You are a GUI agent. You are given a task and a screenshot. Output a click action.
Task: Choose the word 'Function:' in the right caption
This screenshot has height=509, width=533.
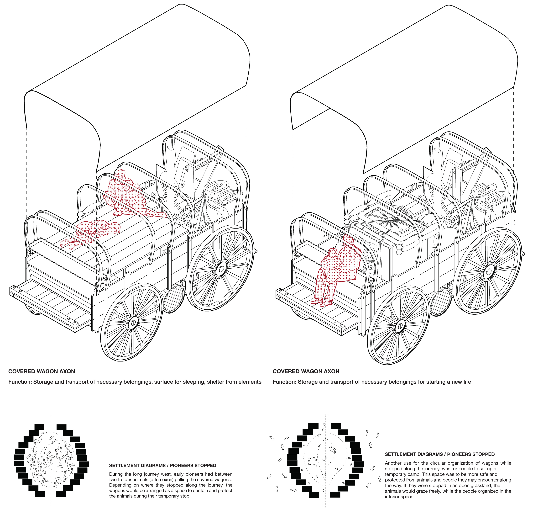tap(285, 382)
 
